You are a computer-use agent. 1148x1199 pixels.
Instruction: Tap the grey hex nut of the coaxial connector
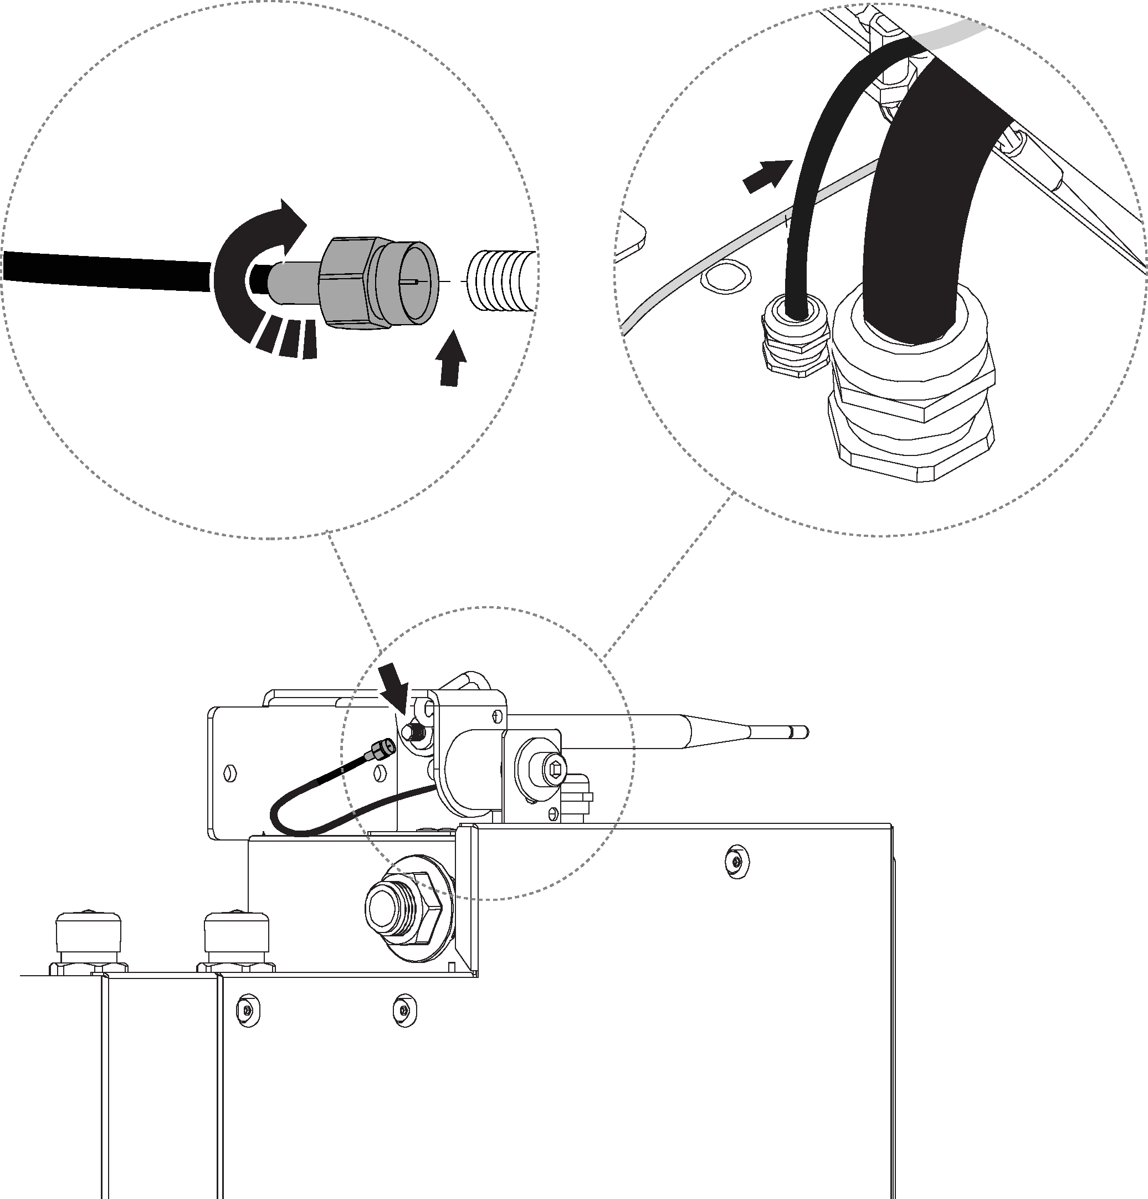click(x=346, y=283)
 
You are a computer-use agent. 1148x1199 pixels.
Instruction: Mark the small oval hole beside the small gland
click(x=725, y=278)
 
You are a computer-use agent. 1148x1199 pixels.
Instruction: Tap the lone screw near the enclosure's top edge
click(x=736, y=862)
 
